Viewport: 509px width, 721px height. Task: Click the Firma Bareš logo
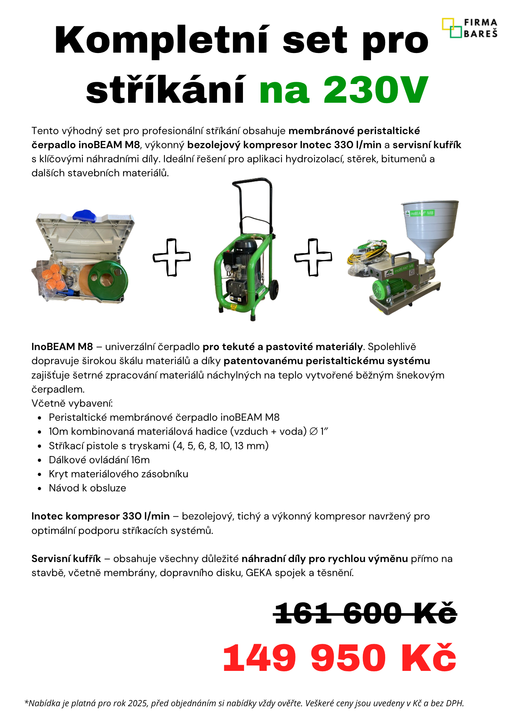[x=469, y=28]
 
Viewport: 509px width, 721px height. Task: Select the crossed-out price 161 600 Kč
[x=365, y=613]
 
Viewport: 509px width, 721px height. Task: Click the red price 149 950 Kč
[x=339, y=658]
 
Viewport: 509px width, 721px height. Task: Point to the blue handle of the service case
[x=85, y=215]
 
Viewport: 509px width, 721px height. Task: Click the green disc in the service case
[x=108, y=280]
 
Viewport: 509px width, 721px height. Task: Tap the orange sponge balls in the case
[x=54, y=278]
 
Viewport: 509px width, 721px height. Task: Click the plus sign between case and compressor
[x=171, y=257]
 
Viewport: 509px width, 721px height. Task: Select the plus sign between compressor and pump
[x=313, y=257]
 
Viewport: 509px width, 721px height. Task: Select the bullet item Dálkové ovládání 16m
[x=99, y=460]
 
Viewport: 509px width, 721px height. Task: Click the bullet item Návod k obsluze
[x=87, y=488]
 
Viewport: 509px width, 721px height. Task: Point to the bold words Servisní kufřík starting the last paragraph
[x=66, y=559]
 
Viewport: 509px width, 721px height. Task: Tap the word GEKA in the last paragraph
[x=258, y=573]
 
